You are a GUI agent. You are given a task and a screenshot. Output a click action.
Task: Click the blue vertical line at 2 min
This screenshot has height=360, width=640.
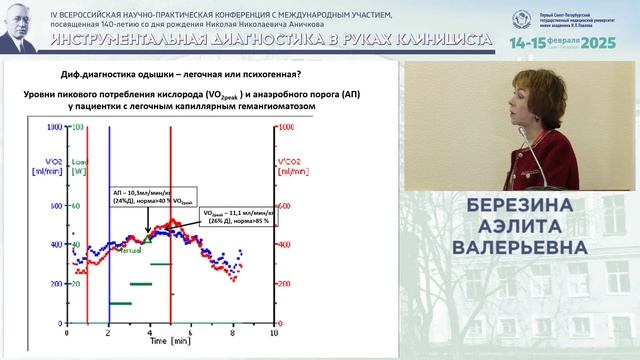[x=108, y=220]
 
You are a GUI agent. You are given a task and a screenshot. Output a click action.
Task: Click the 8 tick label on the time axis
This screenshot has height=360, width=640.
[x=233, y=328]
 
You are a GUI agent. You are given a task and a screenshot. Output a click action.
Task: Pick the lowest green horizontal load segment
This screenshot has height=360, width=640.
[x=121, y=302]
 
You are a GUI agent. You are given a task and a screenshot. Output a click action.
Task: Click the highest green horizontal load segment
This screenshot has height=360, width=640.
[x=161, y=264]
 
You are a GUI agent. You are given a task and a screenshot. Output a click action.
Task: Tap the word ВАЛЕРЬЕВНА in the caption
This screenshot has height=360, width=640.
[x=522, y=246]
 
